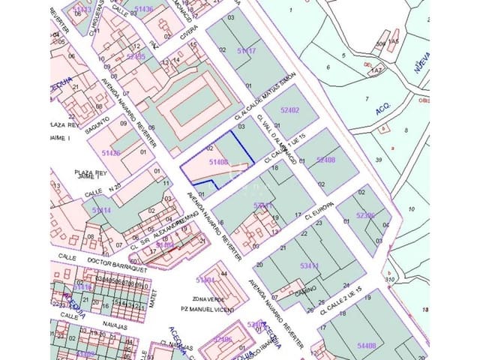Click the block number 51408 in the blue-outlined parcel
pos(218,161)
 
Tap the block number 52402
pos(289,110)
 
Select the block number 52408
pos(326,159)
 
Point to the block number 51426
pos(111,153)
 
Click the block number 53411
pos(309,265)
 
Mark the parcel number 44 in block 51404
pos(224,274)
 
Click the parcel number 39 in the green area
pos(379,159)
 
